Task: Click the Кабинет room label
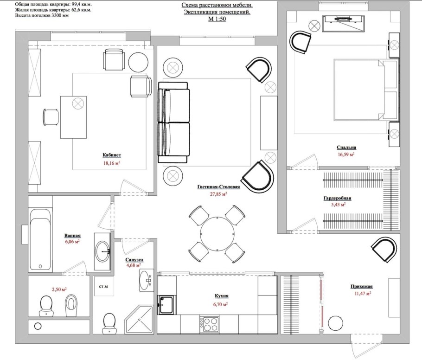point(112,155)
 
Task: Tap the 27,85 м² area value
point(218,193)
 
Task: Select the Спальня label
point(346,148)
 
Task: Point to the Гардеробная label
point(337,199)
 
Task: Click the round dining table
point(217,234)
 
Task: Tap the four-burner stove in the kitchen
point(209,325)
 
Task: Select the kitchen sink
point(166,305)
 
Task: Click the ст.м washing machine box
point(103,286)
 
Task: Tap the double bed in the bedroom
point(366,90)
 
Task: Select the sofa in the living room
point(174,123)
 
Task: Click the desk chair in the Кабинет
point(51,117)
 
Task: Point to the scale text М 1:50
point(217,19)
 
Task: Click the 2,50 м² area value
point(59,289)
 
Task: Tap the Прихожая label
point(361,287)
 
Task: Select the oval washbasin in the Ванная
point(102,251)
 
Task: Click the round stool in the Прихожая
point(336,323)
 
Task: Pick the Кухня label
point(222,296)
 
